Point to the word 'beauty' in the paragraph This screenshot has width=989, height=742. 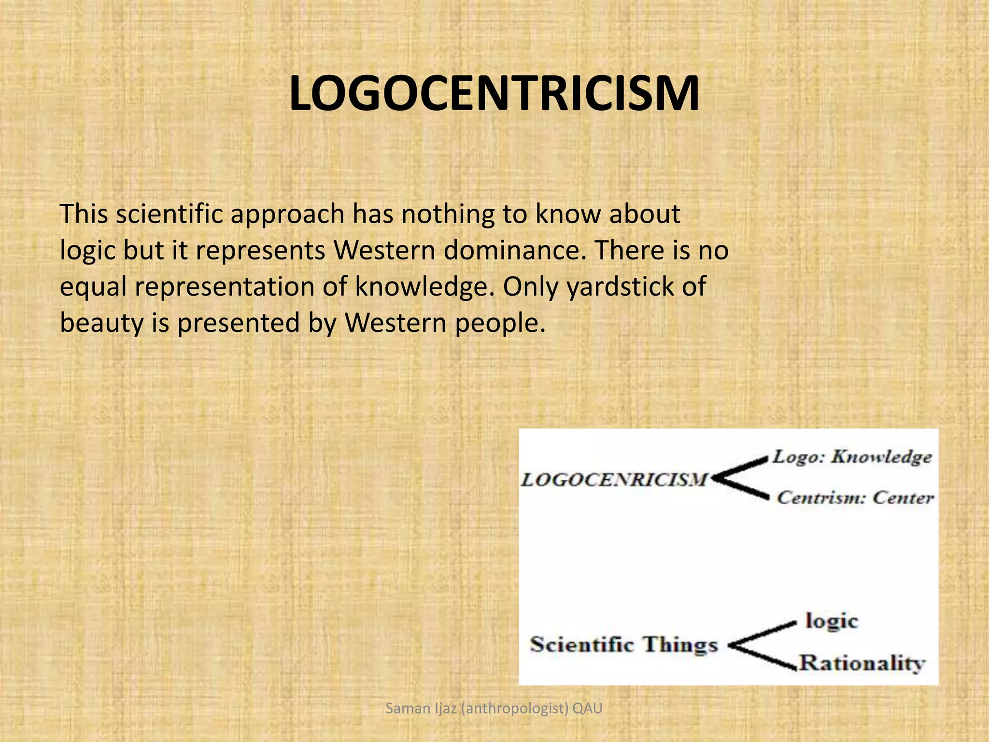coord(101,323)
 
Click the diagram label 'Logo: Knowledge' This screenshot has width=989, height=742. coord(852,457)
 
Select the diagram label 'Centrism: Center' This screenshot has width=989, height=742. coord(855,498)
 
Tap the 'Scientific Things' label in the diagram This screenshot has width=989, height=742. coord(624,645)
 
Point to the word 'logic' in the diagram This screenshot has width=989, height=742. coord(831,621)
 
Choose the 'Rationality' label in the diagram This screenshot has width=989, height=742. coord(862,663)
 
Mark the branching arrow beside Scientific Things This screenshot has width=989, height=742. coord(761,645)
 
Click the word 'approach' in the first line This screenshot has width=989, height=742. coord(287,214)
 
